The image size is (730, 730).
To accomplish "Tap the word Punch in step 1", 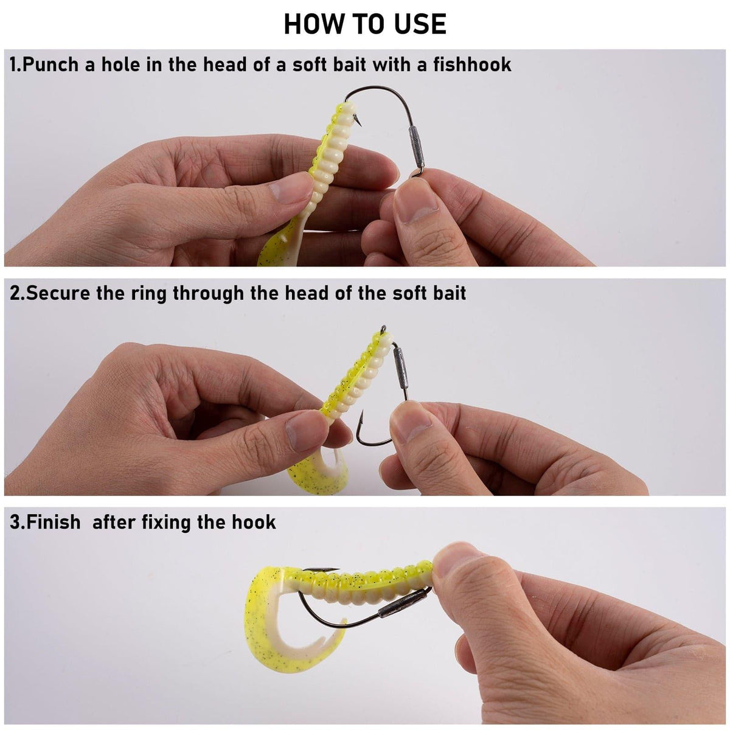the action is (50, 64).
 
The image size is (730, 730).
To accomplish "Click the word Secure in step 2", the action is (58, 294).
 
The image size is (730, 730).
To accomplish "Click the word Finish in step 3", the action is (54, 523).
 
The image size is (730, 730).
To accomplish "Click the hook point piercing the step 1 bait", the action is (358, 123).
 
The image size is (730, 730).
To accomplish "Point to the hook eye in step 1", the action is (416, 173).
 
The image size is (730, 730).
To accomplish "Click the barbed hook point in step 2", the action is (361, 417).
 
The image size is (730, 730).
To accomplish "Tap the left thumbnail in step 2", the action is (306, 431).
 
